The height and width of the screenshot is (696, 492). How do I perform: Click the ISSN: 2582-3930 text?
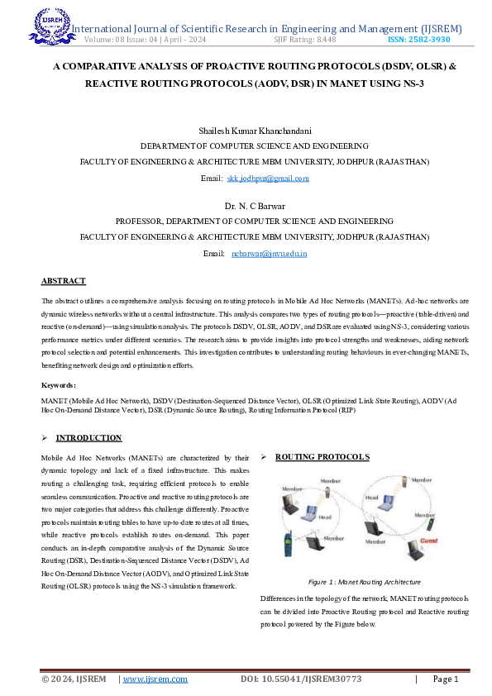[419, 40]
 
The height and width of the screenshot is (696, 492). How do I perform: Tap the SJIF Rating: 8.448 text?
[304, 40]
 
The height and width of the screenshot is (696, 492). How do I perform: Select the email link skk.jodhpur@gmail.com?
[267, 178]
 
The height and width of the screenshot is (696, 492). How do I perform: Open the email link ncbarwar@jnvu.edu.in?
[269, 253]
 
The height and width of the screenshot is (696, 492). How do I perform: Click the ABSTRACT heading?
[64, 281]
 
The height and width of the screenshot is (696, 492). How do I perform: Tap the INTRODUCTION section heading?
[94, 437]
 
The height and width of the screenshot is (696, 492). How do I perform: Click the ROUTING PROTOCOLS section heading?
[322, 457]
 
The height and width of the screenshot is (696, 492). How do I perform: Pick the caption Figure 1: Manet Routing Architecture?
[364, 582]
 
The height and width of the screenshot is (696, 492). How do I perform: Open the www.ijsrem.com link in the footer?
[155, 679]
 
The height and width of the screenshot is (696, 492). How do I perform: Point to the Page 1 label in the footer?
[445, 679]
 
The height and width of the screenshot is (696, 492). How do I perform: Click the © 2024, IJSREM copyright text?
[74, 679]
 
